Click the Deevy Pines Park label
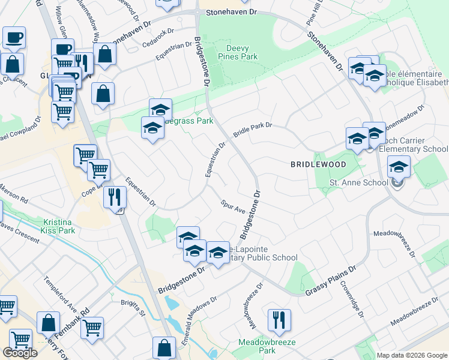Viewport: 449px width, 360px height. (241, 52)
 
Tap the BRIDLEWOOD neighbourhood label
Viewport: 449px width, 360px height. (318, 164)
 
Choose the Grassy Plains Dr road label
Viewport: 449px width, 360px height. (330, 281)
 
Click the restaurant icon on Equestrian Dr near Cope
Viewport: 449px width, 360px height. (114, 196)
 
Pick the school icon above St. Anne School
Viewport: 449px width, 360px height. (399, 166)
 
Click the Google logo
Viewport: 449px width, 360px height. (20, 353)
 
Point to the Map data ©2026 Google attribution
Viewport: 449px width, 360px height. (412, 355)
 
